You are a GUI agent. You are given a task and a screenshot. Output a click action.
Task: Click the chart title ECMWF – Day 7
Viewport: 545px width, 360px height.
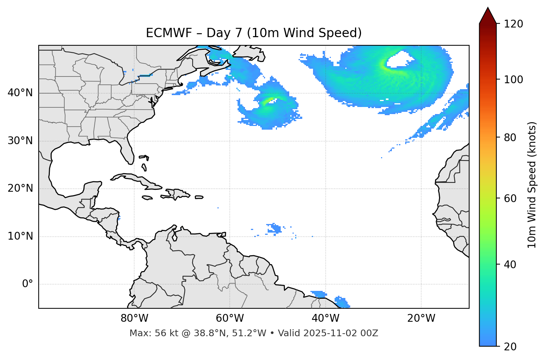pyautogui.click(x=254, y=33)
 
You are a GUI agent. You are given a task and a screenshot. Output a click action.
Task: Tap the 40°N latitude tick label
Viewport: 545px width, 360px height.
pyautogui.click(x=20, y=93)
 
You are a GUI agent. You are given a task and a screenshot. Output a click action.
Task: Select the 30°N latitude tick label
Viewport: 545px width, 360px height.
pyautogui.click(x=20, y=141)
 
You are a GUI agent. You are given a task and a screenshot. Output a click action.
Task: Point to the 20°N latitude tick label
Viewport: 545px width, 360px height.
pyautogui.click(x=20, y=188)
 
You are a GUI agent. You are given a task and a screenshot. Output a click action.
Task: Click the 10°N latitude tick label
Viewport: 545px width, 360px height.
pyautogui.click(x=20, y=236)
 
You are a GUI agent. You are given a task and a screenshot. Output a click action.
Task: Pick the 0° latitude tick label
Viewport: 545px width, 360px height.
pyautogui.click(x=28, y=284)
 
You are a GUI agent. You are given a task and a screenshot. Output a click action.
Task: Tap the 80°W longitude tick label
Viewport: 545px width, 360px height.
pyautogui.click(x=134, y=318)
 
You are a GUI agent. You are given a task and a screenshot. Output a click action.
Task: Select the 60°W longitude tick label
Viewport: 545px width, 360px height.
pyautogui.click(x=230, y=318)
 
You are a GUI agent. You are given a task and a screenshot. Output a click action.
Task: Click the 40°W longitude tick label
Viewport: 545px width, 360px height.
pyautogui.click(x=325, y=318)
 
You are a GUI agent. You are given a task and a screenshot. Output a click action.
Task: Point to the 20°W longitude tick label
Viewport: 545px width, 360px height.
pyautogui.click(x=421, y=318)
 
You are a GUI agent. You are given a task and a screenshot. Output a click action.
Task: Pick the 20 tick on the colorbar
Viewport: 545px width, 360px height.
pyautogui.click(x=510, y=347)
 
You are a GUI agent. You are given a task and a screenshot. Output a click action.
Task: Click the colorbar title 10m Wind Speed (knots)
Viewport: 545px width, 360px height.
pyautogui.click(x=532, y=185)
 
